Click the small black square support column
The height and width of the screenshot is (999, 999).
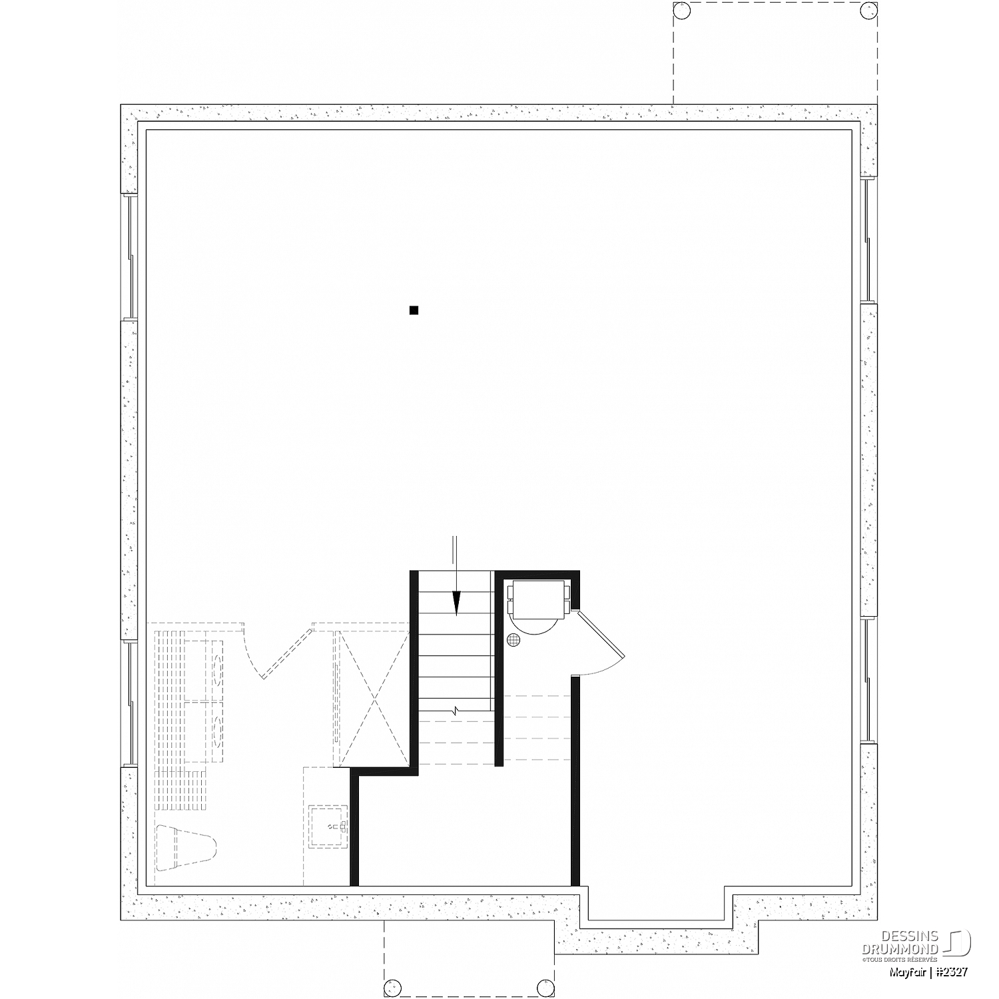tap(414, 310)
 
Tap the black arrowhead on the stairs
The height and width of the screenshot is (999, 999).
tap(456, 603)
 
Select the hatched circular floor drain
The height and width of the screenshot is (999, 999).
tap(513, 640)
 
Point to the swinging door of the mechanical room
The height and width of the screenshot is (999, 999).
tap(601, 643)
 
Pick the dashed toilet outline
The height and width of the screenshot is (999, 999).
tap(186, 848)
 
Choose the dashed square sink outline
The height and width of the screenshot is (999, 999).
tap(328, 827)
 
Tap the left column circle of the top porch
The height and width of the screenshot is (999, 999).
tap(682, 11)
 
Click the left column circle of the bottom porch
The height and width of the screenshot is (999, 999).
tap(393, 987)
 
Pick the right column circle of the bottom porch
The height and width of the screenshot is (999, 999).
tap(546, 987)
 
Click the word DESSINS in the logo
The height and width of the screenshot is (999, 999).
tap(919, 936)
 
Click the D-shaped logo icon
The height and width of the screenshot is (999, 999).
tap(960, 943)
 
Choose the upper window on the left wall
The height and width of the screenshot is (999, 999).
tap(129, 258)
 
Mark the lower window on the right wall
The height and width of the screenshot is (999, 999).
tap(870, 681)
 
